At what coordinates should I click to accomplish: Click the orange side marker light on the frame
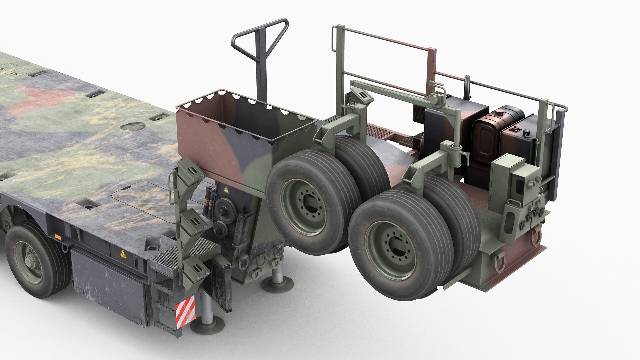tap(59, 237)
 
